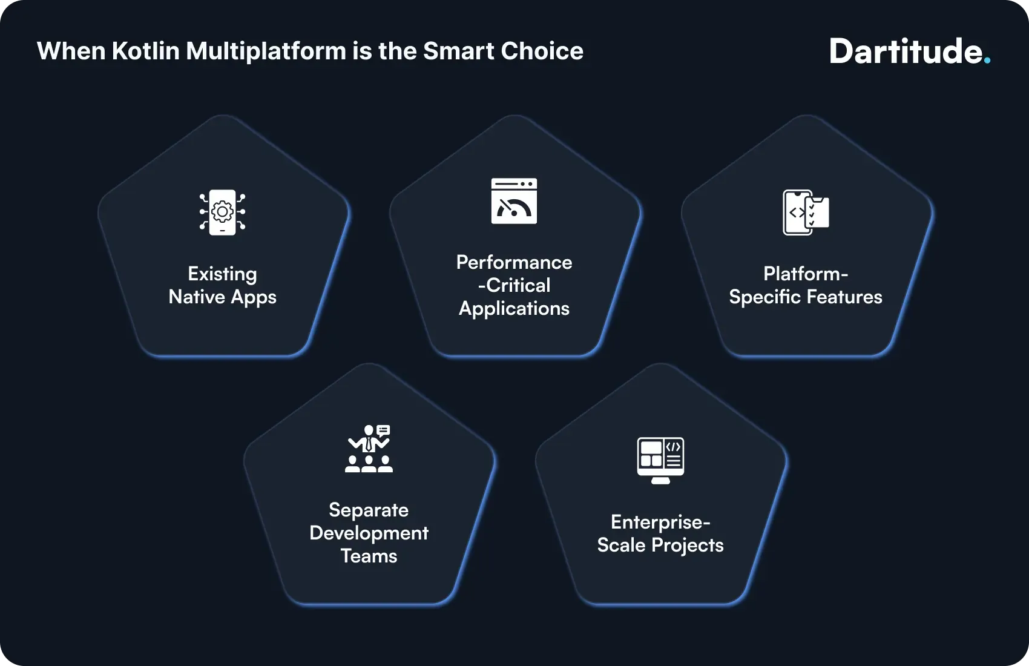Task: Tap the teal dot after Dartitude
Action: point(987,61)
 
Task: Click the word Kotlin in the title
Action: point(146,51)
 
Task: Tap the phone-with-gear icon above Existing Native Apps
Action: point(223,212)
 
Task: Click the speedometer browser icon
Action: point(514,201)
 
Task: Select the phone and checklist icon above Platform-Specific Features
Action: point(806,212)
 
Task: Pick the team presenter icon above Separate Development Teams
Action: point(369,449)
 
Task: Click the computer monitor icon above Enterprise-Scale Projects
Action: point(660,460)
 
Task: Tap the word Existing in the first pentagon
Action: point(222,274)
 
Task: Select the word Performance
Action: point(514,262)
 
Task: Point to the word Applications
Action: point(514,309)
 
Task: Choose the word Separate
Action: point(369,510)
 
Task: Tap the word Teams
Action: point(369,556)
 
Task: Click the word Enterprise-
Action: point(660,522)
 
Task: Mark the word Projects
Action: point(688,545)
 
